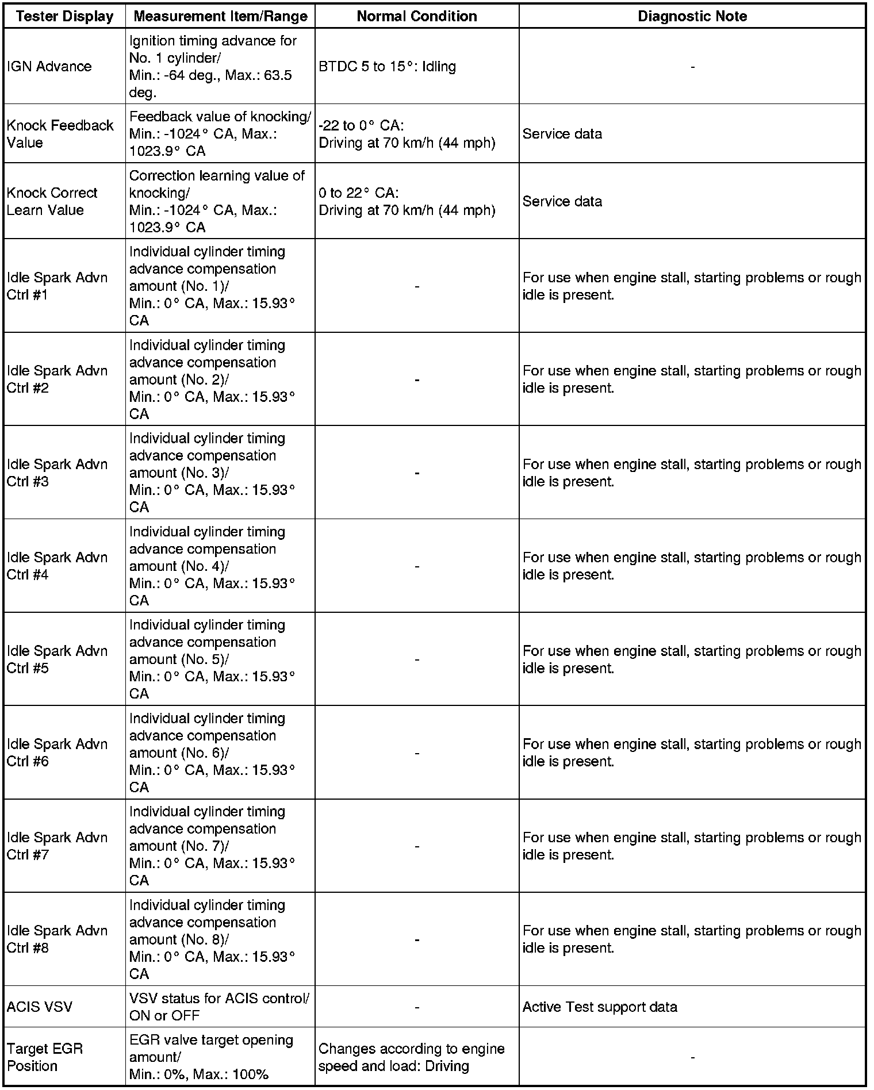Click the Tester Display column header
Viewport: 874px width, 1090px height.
click(x=64, y=16)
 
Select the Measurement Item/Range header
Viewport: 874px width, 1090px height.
click(x=220, y=16)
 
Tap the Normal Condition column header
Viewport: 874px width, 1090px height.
click(x=417, y=16)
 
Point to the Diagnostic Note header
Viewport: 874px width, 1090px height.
click(x=692, y=16)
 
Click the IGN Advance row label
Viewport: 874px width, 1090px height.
click(x=49, y=66)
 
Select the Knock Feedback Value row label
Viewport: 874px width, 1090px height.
click(x=60, y=133)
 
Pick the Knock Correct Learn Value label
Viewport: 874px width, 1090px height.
click(x=52, y=201)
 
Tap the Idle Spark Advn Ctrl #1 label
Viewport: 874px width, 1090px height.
click(x=57, y=286)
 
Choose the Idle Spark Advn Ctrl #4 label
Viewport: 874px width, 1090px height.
click(x=57, y=566)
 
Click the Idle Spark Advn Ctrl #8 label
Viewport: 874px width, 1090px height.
click(x=57, y=939)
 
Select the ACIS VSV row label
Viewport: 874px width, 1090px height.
click(x=40, y=1007)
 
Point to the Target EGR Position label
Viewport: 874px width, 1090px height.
click(x=45, y=1057)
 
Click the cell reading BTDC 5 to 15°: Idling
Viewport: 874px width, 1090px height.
click(x=387, y=66)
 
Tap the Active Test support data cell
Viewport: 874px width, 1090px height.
click(x=600, y=1007)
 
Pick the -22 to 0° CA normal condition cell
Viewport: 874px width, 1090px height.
click(x=407, y=133)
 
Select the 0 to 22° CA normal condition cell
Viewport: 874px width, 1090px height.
click(x=407, y=201)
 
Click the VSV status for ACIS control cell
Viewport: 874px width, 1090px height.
click(x=219, y=1007)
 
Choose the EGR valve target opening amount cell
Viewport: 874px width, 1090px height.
click(x=211, y=1057)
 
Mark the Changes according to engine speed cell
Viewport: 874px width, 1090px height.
click(x=411, y=1057)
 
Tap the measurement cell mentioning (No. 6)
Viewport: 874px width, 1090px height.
click(x=212, y=753)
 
